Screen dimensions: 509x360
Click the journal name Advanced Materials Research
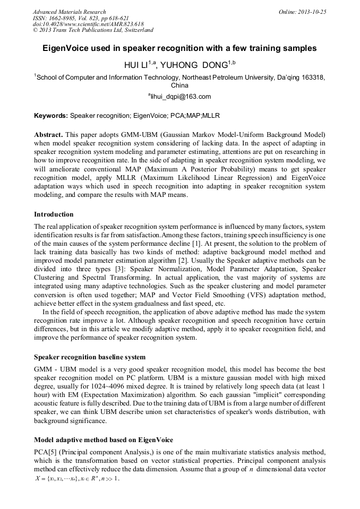69,12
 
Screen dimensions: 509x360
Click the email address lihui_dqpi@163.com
181,97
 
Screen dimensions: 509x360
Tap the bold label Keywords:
51,115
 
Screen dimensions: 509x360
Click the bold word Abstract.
49,134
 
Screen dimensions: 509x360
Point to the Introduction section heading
54,214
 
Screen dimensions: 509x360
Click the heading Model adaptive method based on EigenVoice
104,439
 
